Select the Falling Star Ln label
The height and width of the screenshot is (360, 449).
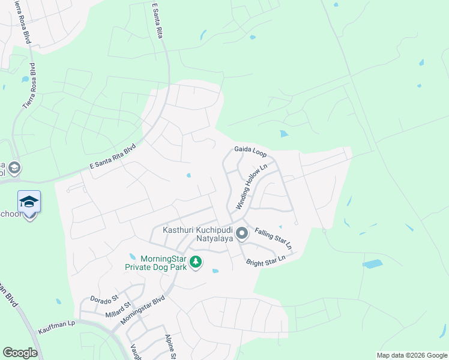(273, 238)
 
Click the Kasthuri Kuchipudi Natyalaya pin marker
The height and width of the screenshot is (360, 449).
(242, 233)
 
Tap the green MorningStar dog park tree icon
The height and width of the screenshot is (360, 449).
(195, 262)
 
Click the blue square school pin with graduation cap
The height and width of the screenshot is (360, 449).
(29, 202)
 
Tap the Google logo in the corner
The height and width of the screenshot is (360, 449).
(20, 353)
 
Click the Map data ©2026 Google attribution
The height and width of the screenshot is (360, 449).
(412, 355)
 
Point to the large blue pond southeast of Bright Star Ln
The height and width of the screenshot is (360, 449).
(373, 263)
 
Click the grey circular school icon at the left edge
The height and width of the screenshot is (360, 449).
(14, 167)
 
